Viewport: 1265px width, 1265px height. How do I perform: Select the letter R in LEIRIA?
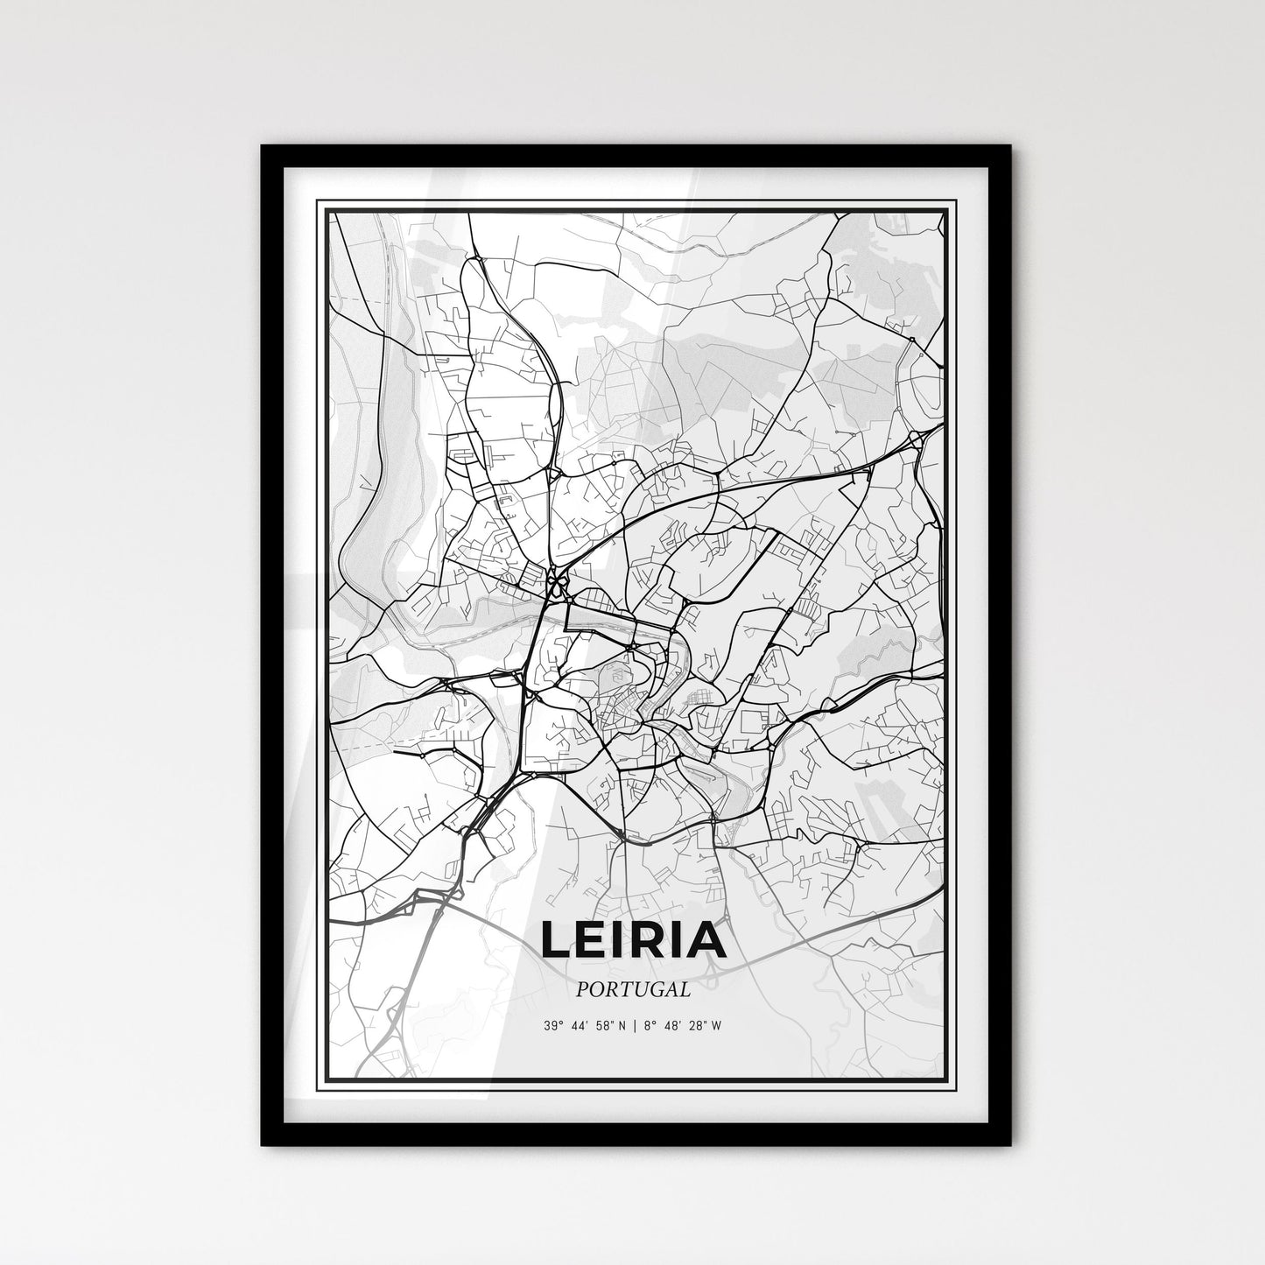[653, 939]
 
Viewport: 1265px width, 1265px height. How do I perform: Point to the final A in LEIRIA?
[706, 939]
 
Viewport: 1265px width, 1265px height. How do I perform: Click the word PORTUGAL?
[633, 989]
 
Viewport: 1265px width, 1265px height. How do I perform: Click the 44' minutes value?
[580, 1027]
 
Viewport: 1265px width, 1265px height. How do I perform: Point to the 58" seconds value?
[607, 1027]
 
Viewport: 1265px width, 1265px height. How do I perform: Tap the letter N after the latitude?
[623, 1027]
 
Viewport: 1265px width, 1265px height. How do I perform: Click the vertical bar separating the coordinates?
[634, 1027]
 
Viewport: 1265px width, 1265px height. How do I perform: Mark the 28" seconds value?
[697, 1027]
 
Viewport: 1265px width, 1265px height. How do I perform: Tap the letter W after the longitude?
[716, 1027]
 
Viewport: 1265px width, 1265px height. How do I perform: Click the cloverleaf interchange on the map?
[555, 580]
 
